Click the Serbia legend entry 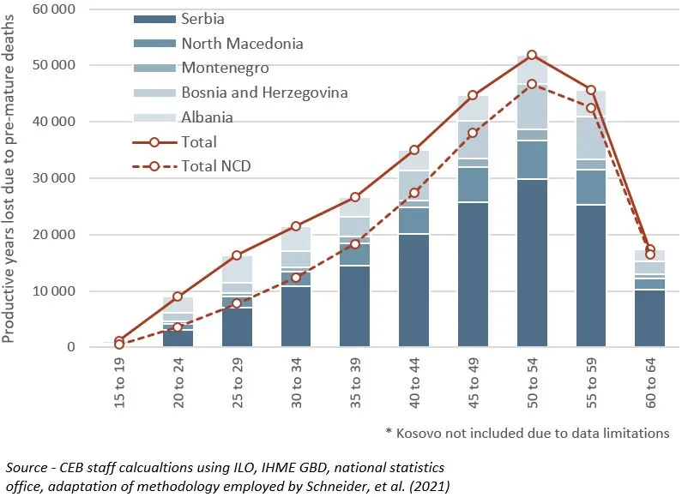pyautogui.click(x=203, y=19)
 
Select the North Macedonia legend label pyautogui.click(x=242, y=43)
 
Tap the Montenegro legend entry pyautogui.click(x=225, y=68)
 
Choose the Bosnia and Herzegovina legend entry pyautogui.click(x=264, y=92)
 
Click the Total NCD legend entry pyautogui.click(x=220, y=165)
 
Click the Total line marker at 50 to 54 pyautogui.click(x=533, y=55)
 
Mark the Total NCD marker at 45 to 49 pyautogui.click(x=474, y=133)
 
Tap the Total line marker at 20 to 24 pyautogui.click(x=178, y=296)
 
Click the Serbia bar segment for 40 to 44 pyautogui.click(x=414, y=290)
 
